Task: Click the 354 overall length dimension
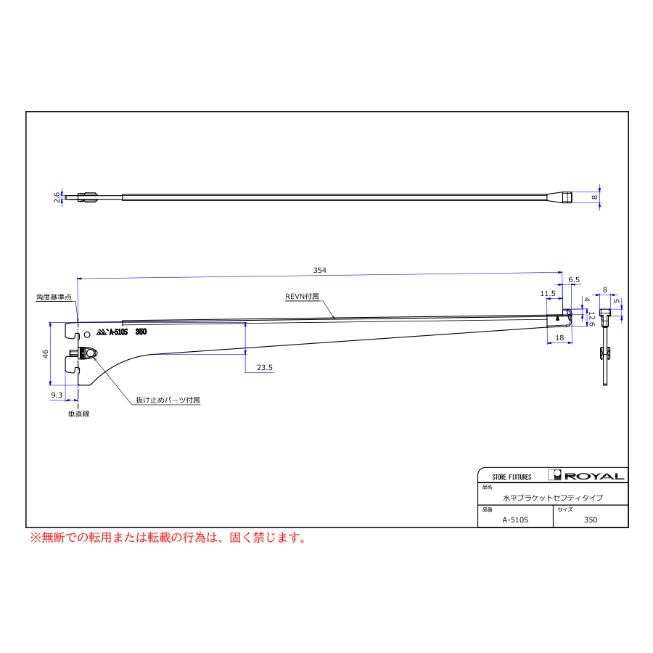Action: point(319,271)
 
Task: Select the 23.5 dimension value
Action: point(264,367)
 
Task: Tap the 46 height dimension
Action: point(46,353)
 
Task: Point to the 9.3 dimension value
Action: point(57,395)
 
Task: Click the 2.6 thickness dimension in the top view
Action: point(57,197)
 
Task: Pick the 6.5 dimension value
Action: point(574,280)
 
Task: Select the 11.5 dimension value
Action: point(548,294)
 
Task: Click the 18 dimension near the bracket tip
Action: point(559,337)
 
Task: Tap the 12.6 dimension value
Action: point(591,319)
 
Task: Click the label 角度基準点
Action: point(54,297)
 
